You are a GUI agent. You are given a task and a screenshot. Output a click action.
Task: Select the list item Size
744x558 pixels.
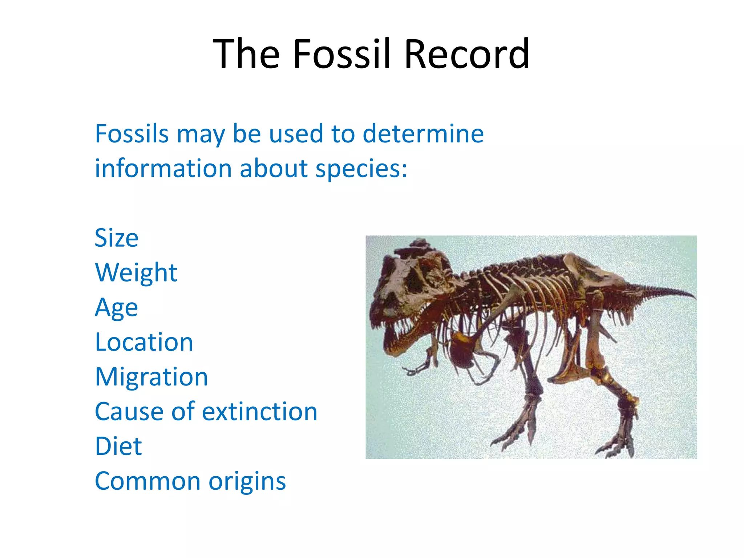[x=116, y=238]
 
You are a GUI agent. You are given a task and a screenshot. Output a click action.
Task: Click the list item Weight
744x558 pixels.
[x=136, y=272]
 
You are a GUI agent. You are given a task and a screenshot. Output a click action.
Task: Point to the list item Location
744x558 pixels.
[x=144, y=342]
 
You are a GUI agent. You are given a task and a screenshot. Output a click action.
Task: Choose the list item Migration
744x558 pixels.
[x=151, y=377]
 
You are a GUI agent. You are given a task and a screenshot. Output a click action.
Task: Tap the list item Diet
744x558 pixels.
[x=118, y=446]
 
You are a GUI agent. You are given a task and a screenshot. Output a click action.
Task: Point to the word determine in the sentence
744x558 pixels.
[x=423, y=134]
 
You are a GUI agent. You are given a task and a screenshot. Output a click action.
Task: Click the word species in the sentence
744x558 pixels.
[x=361, y=169]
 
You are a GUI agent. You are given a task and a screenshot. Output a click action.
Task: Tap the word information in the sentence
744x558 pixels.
[x=163, y=169]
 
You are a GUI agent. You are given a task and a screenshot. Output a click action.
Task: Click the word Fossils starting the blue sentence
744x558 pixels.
[x=132, y=134]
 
